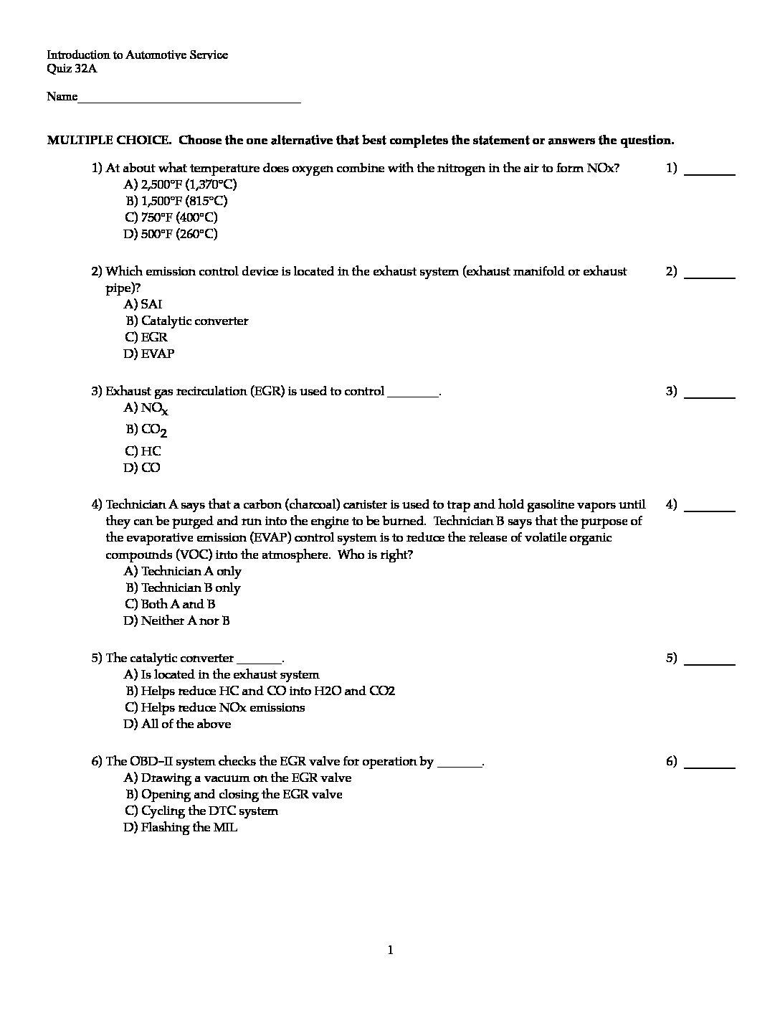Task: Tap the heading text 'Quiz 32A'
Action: pos(71,70)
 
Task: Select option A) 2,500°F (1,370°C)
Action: pos(180,184)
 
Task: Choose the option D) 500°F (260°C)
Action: pos(171,234)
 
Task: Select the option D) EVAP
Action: pos(149,354)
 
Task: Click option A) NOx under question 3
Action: pos(146,409)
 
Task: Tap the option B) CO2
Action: pos(146,430)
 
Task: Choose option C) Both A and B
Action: pos(170,604)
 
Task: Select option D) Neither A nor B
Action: pos(177,620)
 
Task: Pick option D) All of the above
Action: pos(177,724)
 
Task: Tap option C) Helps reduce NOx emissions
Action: pos(214,707)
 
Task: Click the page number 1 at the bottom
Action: pos(390,950)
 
